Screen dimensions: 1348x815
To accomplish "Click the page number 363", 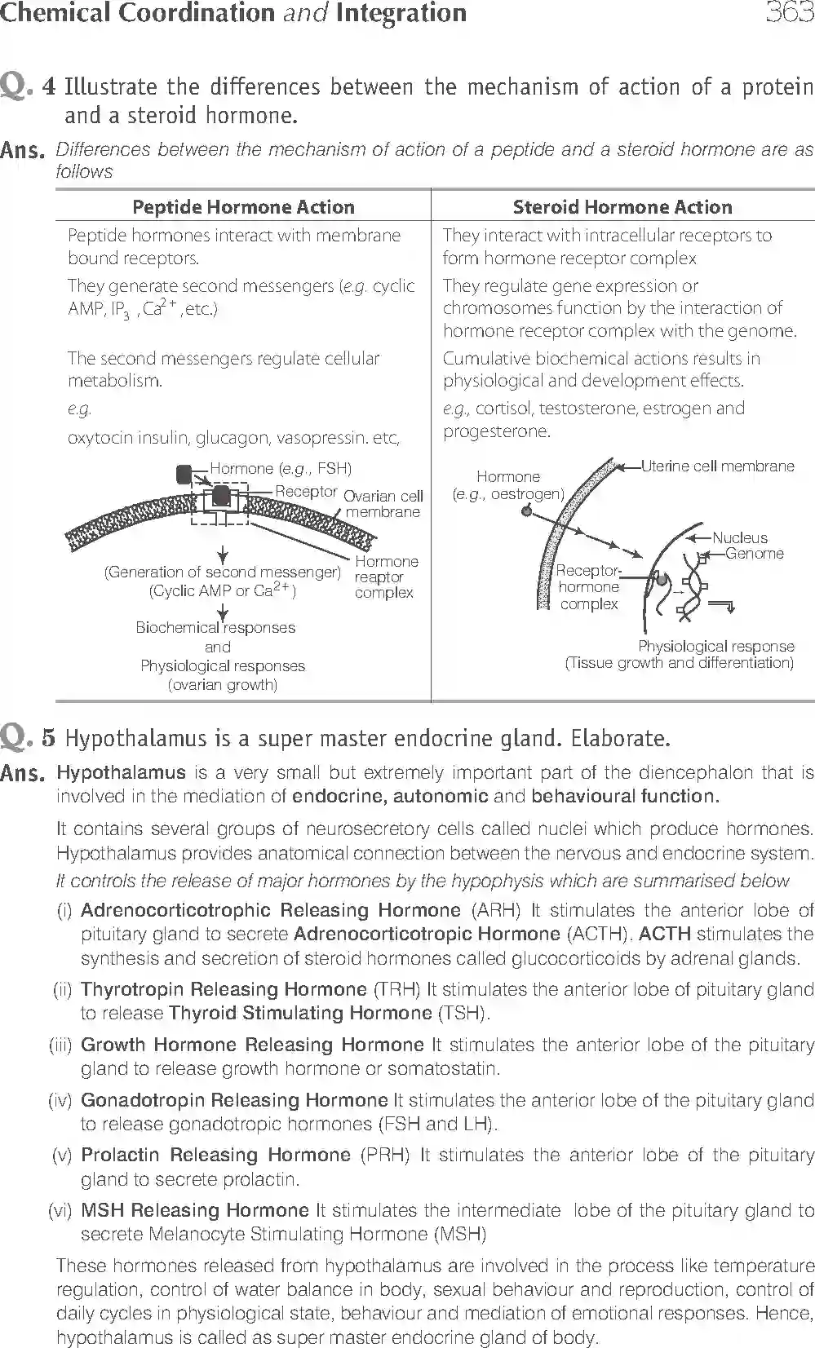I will (789, 14).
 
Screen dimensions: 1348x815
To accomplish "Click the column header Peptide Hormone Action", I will (243, 207).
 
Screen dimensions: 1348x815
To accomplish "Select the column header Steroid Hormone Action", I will (622, 207).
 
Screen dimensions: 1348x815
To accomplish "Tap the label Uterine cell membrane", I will (717, 466).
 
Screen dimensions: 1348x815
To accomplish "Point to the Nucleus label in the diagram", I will (739, 537).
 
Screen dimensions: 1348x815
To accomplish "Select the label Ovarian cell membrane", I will (383, 504).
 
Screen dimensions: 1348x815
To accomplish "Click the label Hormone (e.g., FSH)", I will (281, 468).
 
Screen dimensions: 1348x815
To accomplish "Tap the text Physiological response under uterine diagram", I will (715, 646).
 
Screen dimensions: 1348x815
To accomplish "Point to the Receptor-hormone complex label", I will (588, 587).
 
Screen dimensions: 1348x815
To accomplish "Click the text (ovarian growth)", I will (222, 685).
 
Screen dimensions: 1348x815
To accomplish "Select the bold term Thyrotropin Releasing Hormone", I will (224, 989).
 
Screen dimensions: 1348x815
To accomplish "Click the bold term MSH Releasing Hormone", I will (195, 1210).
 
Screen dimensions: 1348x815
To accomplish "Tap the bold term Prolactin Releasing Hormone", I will (216, 1155).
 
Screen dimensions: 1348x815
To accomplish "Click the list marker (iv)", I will (60, 1100).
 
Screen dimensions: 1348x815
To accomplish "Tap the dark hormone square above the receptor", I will (185, 474).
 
